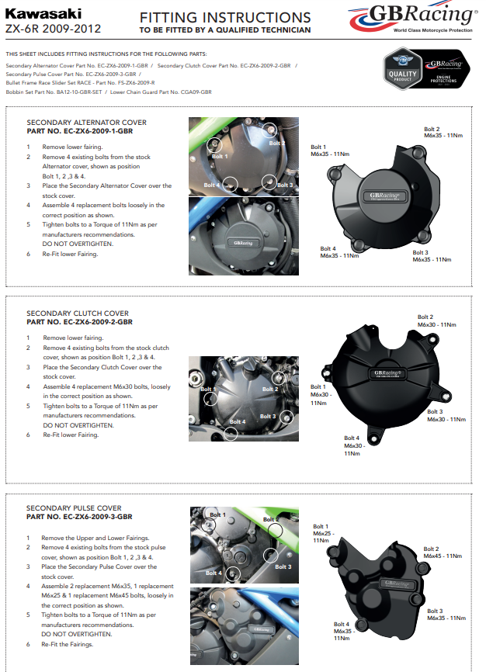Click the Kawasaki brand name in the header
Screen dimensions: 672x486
pos(33,13)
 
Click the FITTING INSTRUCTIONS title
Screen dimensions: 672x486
pos(225,17)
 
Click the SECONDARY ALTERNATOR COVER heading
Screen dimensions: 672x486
pos(86,123)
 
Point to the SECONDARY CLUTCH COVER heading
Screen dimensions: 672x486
pos(78,313)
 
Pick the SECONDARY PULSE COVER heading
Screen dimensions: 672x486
pos(74,508)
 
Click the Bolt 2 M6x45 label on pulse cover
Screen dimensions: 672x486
pos(443,552)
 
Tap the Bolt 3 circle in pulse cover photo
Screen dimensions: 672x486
pos(271,556)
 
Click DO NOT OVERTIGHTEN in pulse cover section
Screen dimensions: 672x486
pos(78,634)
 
